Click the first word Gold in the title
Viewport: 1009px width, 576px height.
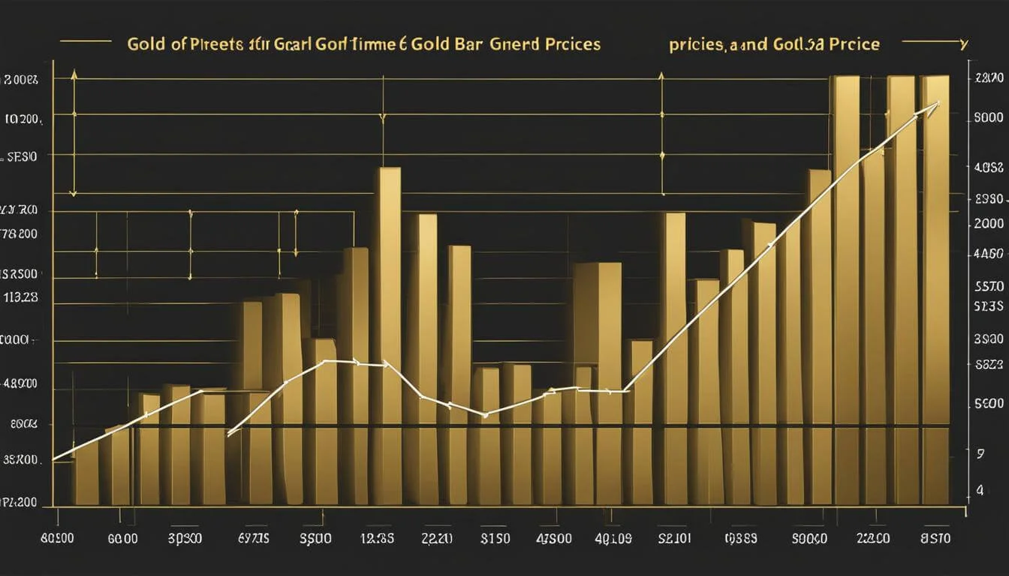144,44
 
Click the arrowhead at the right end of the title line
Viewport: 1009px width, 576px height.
962,42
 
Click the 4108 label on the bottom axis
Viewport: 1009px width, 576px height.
613,538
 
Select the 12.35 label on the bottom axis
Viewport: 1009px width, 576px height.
378,538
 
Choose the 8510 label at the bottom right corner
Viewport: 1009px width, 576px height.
935,538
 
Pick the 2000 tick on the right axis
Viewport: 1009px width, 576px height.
987,223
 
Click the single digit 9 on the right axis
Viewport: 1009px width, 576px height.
980,454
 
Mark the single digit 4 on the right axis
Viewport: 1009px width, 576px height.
979,490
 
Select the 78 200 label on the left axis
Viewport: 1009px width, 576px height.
20,233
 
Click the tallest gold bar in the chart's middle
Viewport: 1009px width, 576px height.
389,300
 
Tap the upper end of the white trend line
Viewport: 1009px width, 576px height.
936,103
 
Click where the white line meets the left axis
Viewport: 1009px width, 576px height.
54,458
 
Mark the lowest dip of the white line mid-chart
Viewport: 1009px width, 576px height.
485,414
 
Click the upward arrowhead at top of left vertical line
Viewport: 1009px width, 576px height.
74,74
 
